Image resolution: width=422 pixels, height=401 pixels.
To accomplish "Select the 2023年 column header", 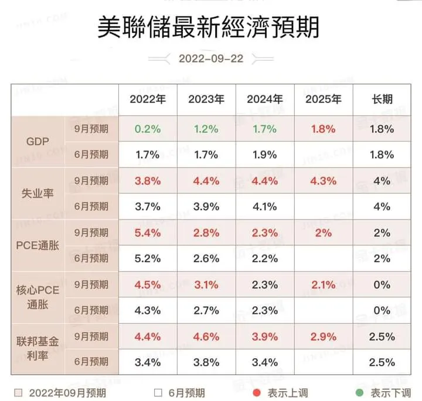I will pyautogui.click(x=206, y=99).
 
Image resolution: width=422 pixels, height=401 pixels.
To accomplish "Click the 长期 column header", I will pyautogui.click(x=382, y=99).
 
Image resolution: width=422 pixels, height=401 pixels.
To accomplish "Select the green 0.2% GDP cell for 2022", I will pyautogui.click(x=148, y=129).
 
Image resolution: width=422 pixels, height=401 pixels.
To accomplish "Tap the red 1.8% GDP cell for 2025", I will pyautogui.click(x=323, y=129).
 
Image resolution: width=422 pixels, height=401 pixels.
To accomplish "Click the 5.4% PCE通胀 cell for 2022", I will pyautogui.click(x=148, y=232).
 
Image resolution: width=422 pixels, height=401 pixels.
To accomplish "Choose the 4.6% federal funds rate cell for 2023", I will pyautogui.click(x=206, y=337).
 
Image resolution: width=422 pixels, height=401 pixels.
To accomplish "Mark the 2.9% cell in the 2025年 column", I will pyautogui.click(x=323, y=337).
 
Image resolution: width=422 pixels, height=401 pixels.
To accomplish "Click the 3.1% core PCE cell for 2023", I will pyautogui.click(x=206, y=285).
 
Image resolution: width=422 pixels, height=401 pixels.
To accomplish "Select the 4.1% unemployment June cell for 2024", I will pyautogui.click(x=264, y=207).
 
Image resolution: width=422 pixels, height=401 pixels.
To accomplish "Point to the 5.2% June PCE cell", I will pyautogui.click(x=148, y=258).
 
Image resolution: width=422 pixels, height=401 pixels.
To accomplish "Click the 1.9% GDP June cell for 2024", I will pyautogui.click(x=264, y=155).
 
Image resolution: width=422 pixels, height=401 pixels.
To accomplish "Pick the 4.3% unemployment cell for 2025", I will pyautogui.click(x=323, y=181).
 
